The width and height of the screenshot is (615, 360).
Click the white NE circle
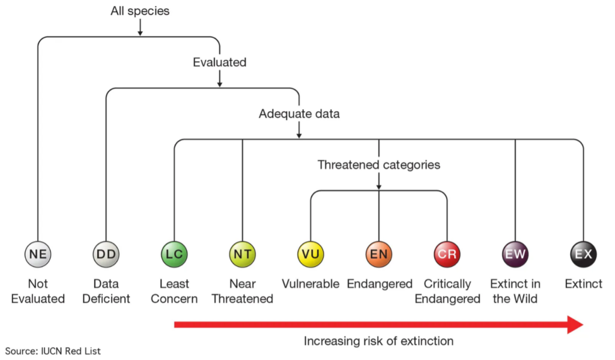click(x=38, y=254)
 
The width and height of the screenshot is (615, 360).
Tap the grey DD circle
click(x=106, y=254)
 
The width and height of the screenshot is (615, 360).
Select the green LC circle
click(x=174, y=254)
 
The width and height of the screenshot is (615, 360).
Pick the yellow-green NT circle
click(x=243, y=254)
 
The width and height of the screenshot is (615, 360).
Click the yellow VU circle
click(x=311, y=254)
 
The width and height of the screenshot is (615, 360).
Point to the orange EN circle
click(x=379, y=254)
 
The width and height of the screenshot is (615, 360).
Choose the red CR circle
click(x=447, y=254)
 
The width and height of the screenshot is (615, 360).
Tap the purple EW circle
click(x=515, y=254)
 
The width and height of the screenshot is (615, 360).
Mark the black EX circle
click(x=584, y=254)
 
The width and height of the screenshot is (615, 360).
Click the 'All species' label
click(x=140, y=11)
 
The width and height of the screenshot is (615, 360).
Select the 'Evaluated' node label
click(x=220, y=62)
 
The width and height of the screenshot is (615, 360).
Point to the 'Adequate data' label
click(x=299, y=114)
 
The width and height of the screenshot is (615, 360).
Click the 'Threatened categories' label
click(x=379, y=165)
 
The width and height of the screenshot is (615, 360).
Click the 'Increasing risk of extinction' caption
click(x=379, y=341)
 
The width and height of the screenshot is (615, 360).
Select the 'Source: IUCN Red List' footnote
click(x=53, y=351)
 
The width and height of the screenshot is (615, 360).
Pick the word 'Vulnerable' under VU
click(x=311, y=284)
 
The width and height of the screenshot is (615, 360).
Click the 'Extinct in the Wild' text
click(x=515, y=291)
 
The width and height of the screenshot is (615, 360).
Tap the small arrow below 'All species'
click(x=140, y=28)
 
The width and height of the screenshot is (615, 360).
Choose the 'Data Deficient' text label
click(x=106, y=291)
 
